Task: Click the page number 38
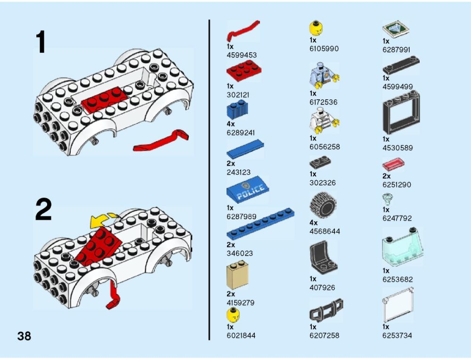[24, 336]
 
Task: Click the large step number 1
[41, 42]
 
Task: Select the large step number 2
[43, 210]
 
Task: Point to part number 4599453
[242, 55]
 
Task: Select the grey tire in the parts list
[323, 205]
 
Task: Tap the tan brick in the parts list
[237, 275]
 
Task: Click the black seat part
[323, 258]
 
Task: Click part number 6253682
[398, 280]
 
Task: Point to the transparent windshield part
[403, 248]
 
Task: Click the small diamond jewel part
[387, 198]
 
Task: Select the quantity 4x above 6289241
[231, 124]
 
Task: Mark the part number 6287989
[242, 216]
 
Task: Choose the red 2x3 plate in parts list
[244, 71]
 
